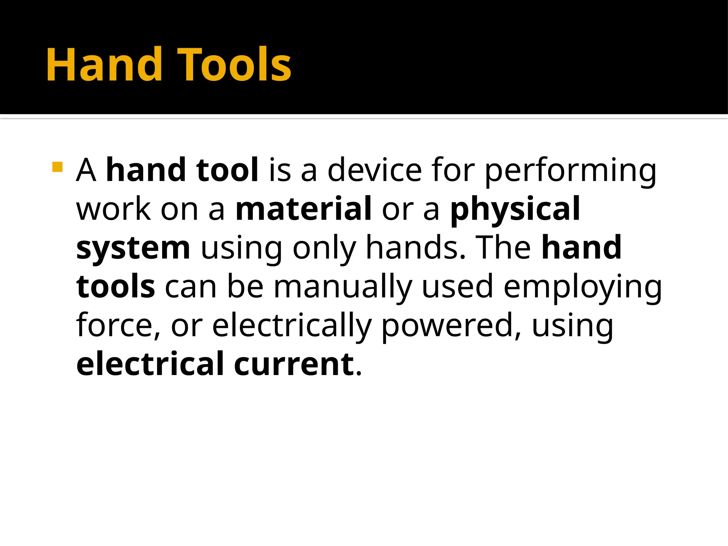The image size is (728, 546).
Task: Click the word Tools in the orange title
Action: pyautogui.click(x=234, y=65)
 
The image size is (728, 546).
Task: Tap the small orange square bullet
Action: pyautogui.click(x=57, y=167)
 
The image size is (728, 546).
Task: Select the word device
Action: pyautogui.click(x=374, y=170)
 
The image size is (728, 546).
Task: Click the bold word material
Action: pyautogui.click(x=304, y=209)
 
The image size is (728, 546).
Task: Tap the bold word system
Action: pyautogui.click(x=133, y=248)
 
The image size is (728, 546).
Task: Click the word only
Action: pyautogui.click(x=324, y=248)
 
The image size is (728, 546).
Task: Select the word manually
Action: pyautogui.click(x=343, y=287)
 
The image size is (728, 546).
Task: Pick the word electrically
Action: pyautogui.click(x=292, y=325)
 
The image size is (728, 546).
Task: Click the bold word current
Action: pyautogui.click(x=294, y=364)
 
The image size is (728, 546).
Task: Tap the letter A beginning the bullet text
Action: pyautogui.click(x=86, y=170)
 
